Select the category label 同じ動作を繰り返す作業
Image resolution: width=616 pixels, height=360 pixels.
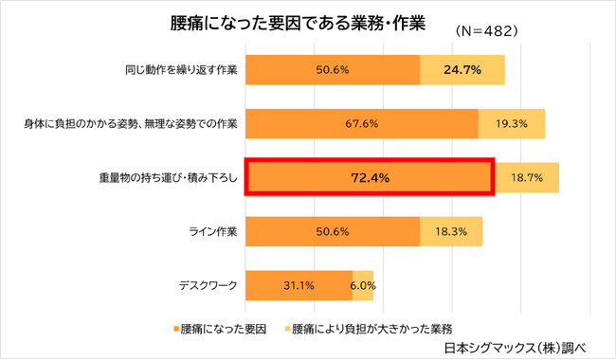179,70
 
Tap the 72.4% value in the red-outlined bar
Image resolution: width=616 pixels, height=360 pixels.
370,177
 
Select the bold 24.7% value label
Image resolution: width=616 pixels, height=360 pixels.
463,70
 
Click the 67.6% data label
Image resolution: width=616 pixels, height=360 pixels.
361,123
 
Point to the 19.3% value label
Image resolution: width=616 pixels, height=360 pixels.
512,123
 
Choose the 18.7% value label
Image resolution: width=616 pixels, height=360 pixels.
526,177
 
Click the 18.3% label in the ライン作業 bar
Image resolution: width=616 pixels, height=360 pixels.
451,230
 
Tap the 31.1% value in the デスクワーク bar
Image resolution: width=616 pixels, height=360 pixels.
299,284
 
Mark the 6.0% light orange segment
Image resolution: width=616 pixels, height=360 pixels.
364,284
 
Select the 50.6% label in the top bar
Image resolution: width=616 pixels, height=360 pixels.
333,70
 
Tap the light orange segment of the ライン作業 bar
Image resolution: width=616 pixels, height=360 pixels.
451,230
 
